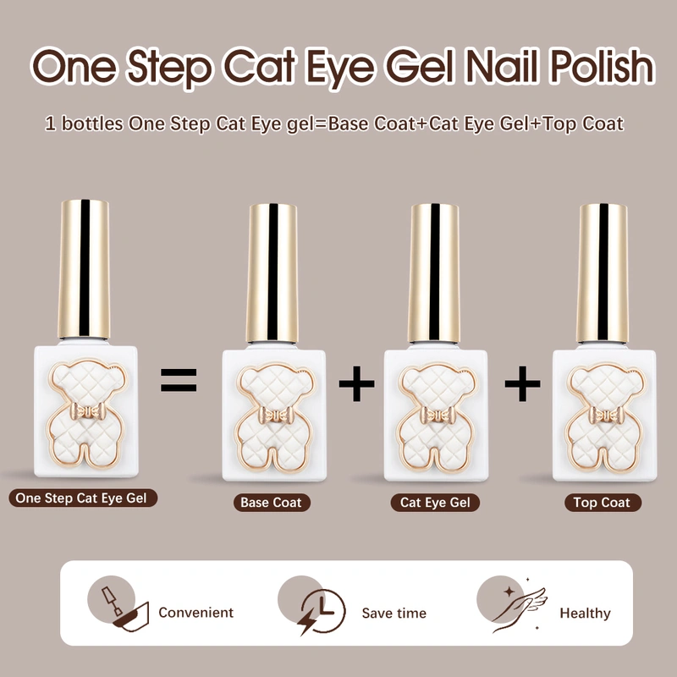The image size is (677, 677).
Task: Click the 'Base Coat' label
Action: tap(270, 503)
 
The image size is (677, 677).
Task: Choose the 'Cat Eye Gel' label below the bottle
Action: tap(435, 503)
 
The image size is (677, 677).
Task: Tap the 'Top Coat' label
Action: tap(602, 503)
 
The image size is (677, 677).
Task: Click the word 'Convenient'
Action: tap(195, 613)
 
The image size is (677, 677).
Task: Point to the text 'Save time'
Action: tap(394, 613)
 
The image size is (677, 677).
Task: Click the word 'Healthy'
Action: tap(584, 613)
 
